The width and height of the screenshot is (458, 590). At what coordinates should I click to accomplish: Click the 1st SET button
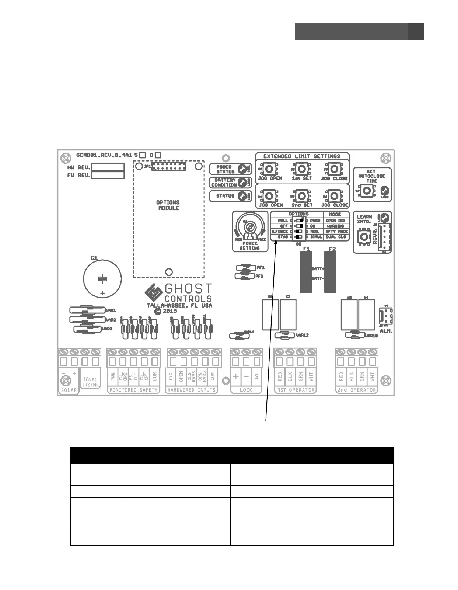tap(302, 169)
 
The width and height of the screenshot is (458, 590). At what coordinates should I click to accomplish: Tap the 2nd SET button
tap(302, 195)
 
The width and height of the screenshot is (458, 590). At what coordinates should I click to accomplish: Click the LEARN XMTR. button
tap(364, 235)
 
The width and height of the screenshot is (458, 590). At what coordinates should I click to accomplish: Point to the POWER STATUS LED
tap(242, 169)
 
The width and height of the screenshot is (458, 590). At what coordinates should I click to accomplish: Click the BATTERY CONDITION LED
tap(242, 182)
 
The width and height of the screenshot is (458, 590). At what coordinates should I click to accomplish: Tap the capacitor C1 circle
tap(102, 278)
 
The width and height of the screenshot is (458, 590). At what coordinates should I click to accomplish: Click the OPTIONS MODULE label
tap(168, 205)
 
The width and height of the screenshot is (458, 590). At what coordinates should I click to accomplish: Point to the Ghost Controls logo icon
tap(154, 293)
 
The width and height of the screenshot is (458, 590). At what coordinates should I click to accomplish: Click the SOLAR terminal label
tap(69, 390)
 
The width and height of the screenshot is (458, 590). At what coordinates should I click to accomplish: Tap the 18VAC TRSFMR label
tap(90, 382)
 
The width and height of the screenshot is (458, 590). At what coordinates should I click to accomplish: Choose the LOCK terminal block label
tap(246, 390)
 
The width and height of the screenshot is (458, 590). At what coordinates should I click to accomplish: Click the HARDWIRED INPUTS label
tap(191, 390)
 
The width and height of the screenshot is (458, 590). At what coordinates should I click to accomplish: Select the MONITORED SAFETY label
tap(133, 390)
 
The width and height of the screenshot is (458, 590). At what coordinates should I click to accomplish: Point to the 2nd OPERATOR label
tap(357, 390)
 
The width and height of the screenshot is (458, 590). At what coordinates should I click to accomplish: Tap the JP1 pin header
tap(169, 167)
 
